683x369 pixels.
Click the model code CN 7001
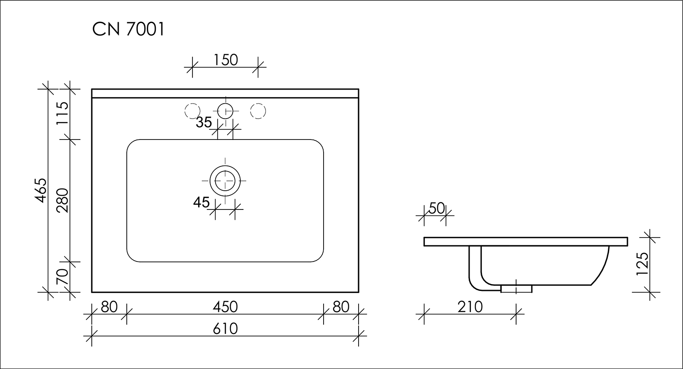pyautogui.click(x=128, y=29)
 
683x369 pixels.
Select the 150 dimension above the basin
pyautogui.click(x=225, y=60)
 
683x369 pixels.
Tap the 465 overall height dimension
pyautogui.click(x=41, y=190)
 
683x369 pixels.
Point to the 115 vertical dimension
pyautogui.click(x=62, y=113)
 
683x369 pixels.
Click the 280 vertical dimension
pyautogui.click(x=62, y=200)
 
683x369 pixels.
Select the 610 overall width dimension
pyautogui.click(x=225, y=329)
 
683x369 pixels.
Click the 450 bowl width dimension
pyautogui.click(x=225, y=307)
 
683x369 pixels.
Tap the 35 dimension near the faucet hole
pyautogui.click(x=204, y=122)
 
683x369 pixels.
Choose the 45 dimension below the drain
pyautogui.click(x=201, y=202)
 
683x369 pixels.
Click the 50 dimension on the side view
pyautogui.click(x=437, y=209)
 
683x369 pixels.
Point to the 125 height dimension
pyautogui.click(x=642, y=264)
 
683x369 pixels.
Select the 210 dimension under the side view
pyautogui.click(x=470, y=307)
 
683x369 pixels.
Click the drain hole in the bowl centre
pyautogui.click(x=225, y=181)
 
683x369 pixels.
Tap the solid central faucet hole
pyautogui.click(x=225, y=111)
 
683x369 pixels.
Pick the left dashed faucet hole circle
pyautogui.click(x=193, y=111)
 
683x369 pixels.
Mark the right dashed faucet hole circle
pyautogui.click(x=258, y=111)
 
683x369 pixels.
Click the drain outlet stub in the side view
pyautogui.click(x=516, y=289)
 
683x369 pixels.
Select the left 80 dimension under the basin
pyautogui.click(x=109, y=307)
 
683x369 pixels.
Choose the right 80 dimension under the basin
pyautogui.click(x=341, y=307)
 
